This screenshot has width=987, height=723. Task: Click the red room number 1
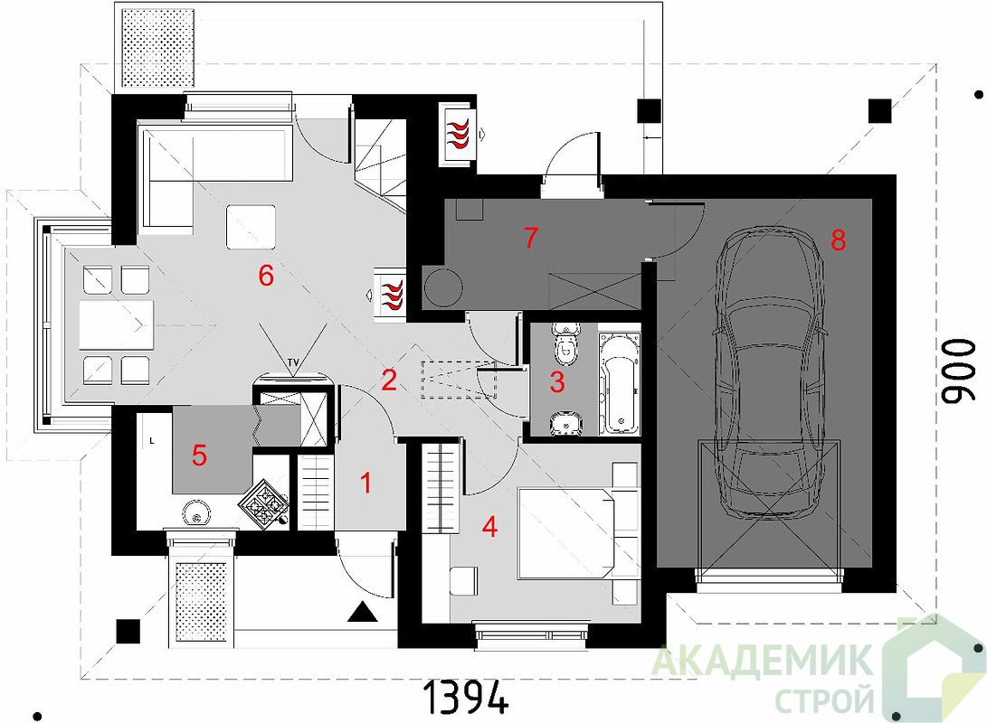365,483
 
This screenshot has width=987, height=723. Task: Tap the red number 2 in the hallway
389,380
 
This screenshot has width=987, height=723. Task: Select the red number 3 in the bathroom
557,381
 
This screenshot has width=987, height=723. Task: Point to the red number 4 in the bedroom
489,526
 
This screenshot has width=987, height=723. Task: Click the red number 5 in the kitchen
199,455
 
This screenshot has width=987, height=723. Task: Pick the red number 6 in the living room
266,276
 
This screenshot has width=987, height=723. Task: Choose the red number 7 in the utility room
531,238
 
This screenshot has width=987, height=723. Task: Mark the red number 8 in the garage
838,239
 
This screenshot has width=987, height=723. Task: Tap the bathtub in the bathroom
619,383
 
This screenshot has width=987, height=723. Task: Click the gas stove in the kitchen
263,503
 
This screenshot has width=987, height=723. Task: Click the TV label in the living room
293,362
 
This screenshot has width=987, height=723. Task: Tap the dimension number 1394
465,697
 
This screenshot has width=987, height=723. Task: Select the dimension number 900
958,371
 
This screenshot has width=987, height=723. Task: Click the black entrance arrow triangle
363,612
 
